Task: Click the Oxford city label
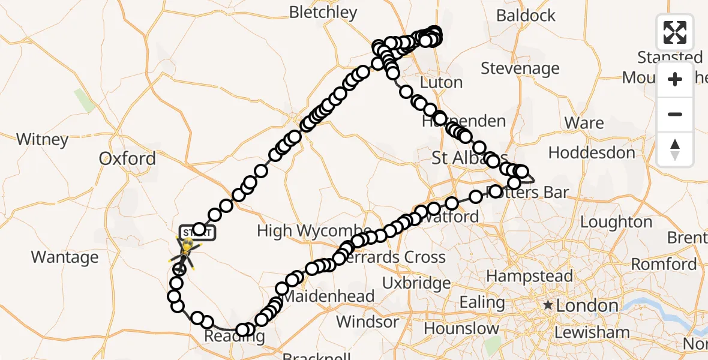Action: click(127, 159)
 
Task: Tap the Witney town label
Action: click(42, 140)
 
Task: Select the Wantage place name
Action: click(65, 257)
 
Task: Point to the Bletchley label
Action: click(323, 12)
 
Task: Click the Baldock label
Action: click(526, 16)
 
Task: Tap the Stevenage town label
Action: click(520, 68)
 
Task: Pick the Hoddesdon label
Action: click(592, 153)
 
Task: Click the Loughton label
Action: click(616, 223)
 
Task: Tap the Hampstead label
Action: click(529, 277)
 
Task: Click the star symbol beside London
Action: click(548, 305)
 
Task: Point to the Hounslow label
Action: click(461, 329)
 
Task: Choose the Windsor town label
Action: click(367, 322)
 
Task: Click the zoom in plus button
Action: click(675, 79)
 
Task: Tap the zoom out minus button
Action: click(675, 114)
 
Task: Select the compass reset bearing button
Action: click(675, 149)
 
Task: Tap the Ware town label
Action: click(584, 123)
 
